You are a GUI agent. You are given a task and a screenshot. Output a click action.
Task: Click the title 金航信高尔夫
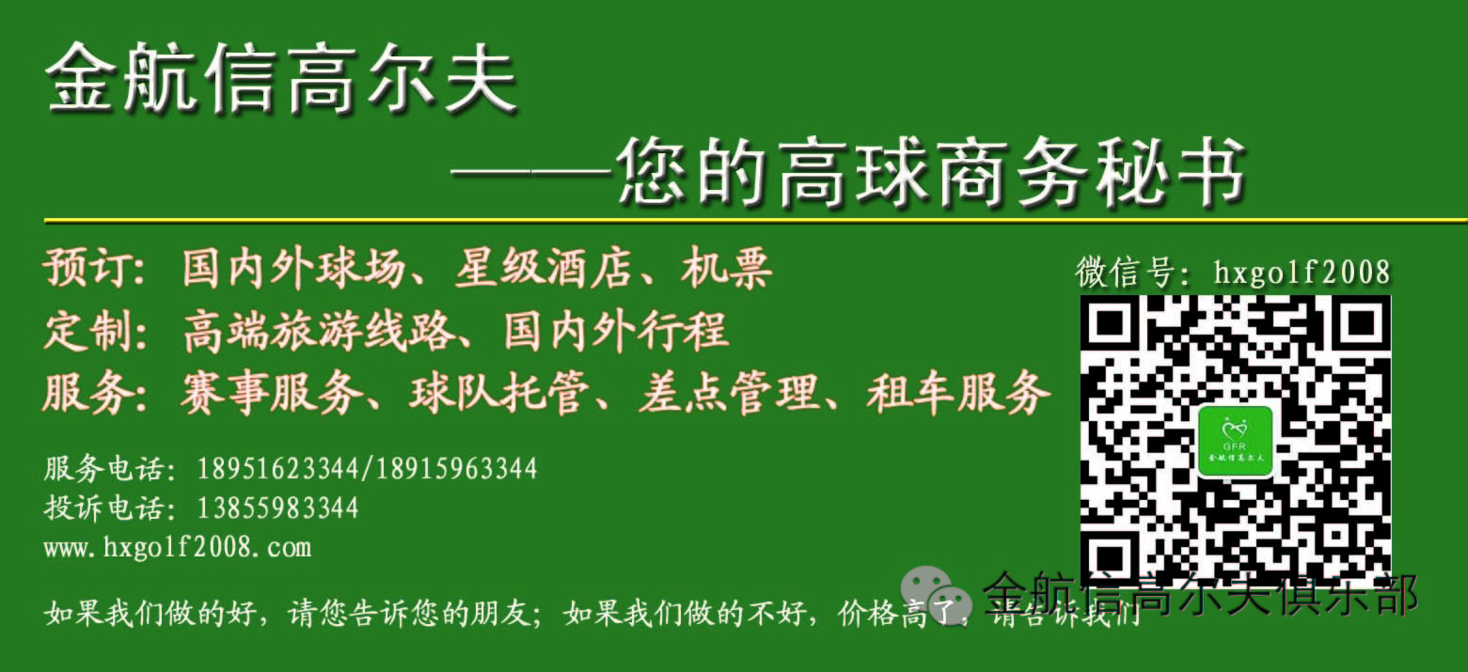click(x=282, y=80)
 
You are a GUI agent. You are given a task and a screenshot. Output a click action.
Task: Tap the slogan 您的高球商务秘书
click(x=931, y=173)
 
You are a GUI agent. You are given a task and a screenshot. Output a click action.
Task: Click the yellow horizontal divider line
click(x=755, y=220)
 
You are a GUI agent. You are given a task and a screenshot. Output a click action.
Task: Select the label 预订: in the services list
click(x=96, y=268)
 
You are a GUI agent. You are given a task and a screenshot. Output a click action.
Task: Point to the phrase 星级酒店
click(x=544, y=268)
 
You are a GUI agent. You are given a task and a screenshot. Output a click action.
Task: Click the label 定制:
click(x=96, y=330)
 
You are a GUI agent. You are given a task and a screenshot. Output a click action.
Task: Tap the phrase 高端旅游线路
click(x=319, y=330)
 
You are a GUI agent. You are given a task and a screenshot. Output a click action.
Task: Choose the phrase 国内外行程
click(x=616, y=330)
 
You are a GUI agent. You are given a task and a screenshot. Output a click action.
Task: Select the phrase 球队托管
click(x=499, y=393)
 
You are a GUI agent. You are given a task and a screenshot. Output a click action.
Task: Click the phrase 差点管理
click(x=729, y=393)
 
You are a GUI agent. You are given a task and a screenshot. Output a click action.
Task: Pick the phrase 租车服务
click(x=958, y=393)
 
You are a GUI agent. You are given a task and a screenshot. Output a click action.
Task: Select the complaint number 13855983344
click(x=277, y=508)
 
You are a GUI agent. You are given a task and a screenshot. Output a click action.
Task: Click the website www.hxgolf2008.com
click(x=178, y=548)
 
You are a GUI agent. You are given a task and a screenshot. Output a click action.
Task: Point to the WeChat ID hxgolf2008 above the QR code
click(x=1302, y=273)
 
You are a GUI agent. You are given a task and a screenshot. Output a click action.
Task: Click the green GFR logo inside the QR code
click(x=1235, y=442)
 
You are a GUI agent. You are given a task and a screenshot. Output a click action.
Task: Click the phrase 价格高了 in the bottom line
click(x=895, y=614)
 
